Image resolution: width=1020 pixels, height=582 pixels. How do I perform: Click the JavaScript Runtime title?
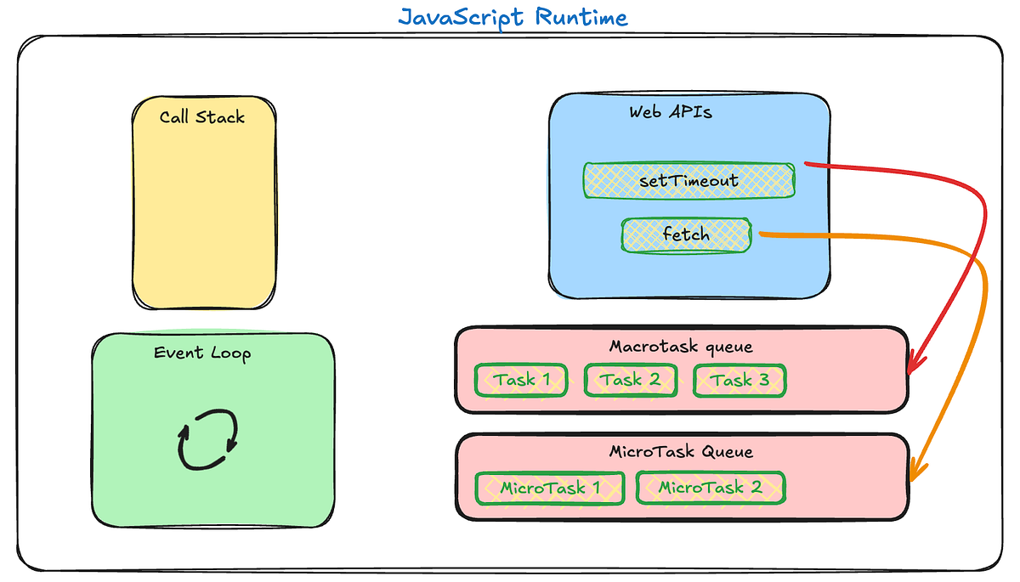513,17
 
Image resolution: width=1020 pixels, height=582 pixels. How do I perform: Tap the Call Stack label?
202,117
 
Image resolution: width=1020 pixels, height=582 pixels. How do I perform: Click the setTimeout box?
688,180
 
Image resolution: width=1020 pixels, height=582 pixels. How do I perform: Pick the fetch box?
686,234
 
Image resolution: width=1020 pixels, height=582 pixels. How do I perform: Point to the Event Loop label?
202,353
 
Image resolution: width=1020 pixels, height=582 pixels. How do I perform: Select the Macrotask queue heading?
680,347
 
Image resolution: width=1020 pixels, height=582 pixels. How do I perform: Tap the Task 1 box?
521,380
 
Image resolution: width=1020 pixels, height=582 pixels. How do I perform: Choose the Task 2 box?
630,380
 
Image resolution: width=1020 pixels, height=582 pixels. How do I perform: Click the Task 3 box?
739,380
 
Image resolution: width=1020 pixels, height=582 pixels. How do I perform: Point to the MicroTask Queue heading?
680,452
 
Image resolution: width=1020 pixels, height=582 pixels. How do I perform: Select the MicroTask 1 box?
550,488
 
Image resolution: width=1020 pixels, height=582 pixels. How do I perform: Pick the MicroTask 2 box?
710,488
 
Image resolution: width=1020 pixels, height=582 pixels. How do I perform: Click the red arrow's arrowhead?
913,368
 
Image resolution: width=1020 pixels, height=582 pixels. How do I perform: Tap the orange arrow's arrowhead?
915,475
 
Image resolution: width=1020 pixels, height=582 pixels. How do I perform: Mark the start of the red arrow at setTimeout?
806,163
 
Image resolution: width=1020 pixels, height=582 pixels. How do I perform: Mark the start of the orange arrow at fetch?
760,233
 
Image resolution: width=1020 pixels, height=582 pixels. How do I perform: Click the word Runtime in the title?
581,17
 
